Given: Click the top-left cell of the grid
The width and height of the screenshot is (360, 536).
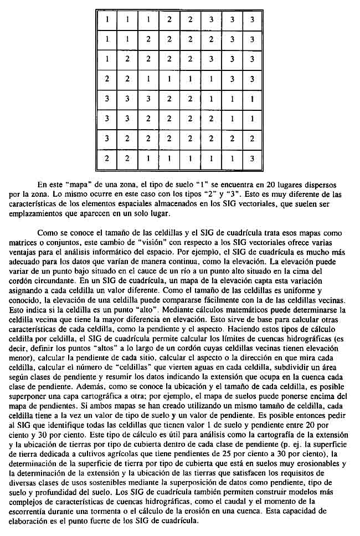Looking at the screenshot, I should pyautogui.click(x=107, y=20).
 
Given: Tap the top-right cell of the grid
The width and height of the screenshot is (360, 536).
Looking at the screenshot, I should pyautogui.click(x=252, y=20).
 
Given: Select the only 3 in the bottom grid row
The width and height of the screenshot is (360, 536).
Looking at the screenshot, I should pyautogui.click(x=252, y=158).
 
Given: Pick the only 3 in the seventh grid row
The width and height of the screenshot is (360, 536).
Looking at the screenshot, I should pyautogui.click(x=107, y=139).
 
